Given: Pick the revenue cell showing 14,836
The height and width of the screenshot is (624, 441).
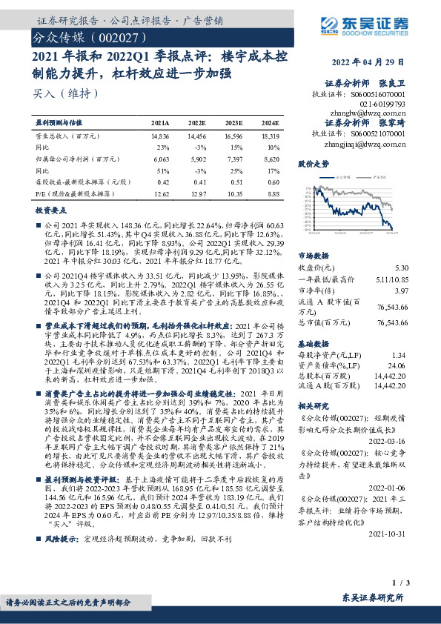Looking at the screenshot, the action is (159, 137).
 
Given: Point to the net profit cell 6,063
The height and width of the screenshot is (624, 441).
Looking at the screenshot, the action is (159, 158).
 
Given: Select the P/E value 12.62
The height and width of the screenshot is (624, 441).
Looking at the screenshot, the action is (159, 193).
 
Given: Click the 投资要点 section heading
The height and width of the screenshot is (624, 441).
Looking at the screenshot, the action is (51, 210).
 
